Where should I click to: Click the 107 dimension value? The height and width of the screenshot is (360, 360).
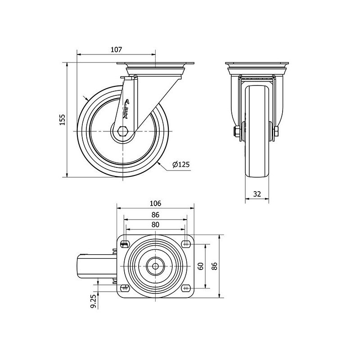point(117,49)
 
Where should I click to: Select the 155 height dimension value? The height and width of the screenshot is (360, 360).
point(63,120)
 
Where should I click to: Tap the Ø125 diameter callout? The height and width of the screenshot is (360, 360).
point(181,164)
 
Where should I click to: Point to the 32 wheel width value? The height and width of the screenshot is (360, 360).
point(257,194)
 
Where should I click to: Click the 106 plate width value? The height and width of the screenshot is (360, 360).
point(155,203)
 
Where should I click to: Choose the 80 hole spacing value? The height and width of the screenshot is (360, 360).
point(155,224)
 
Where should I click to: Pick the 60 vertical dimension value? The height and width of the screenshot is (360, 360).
point(200,266)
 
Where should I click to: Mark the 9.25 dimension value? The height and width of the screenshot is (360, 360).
point(93,301)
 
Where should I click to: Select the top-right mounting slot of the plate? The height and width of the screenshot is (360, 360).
point(186,244)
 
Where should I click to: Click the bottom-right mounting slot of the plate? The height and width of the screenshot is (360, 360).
point(186,288)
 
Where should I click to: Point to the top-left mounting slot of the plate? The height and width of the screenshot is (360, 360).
point(125,244)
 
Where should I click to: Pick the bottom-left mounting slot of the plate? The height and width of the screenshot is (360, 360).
point(125,288)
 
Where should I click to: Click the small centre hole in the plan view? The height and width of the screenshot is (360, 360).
point(155,266)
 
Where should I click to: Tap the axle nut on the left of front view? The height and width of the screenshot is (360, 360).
point(236,131)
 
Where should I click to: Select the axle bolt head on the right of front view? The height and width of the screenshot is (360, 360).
point(276,131)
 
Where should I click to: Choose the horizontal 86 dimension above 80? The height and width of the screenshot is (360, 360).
point(155,215)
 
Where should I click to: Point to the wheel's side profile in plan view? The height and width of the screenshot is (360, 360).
point(96,266)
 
